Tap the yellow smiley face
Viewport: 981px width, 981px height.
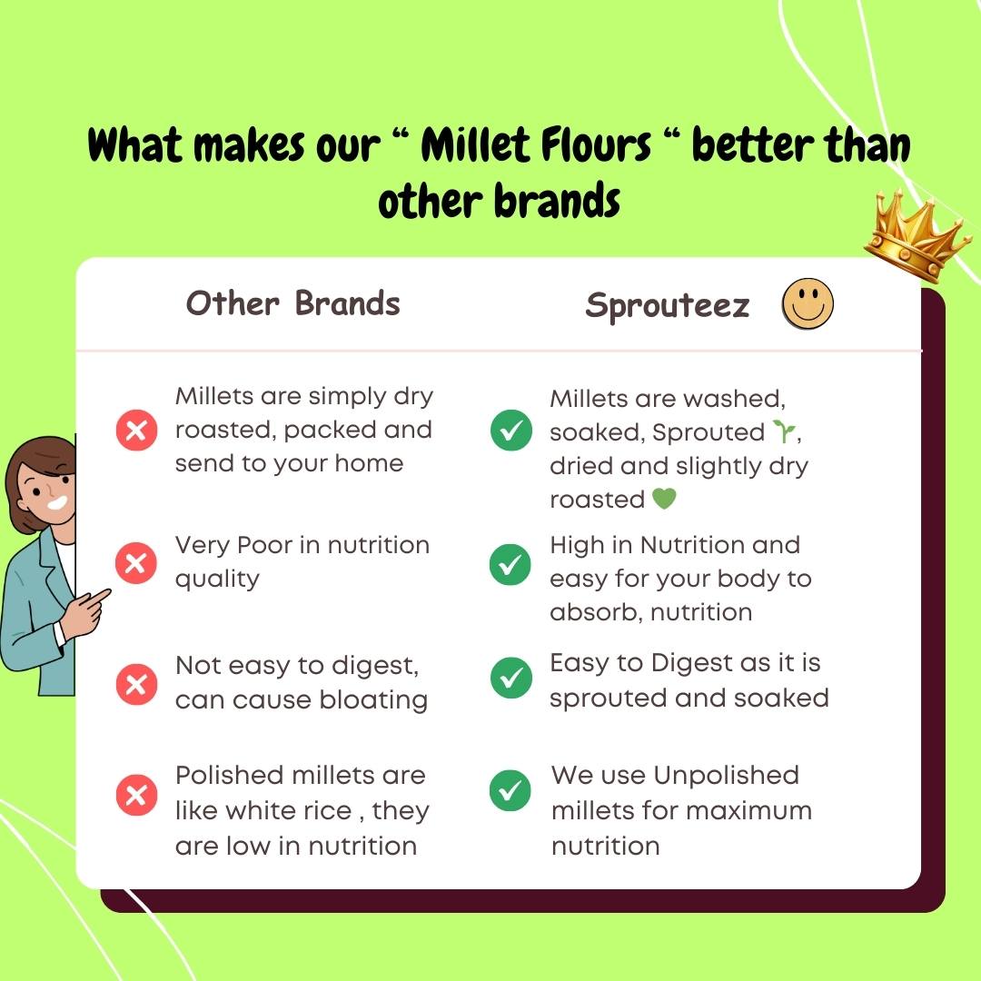click(x=808, y=304)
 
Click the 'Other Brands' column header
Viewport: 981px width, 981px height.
click(x=292, y=303)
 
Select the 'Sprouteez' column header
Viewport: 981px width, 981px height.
click(x=667, y=306)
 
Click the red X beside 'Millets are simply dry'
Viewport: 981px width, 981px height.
click(x=136, y=431)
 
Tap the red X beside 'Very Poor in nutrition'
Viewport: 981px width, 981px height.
click(x=135, y=563)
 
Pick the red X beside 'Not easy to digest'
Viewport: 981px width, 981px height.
click(x=136, y=684)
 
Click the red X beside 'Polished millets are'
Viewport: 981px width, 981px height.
click(x=136, y=795)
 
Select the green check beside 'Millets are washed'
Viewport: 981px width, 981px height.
click(x=511, y=431)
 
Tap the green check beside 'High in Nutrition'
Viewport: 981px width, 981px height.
click(x=510, y=564)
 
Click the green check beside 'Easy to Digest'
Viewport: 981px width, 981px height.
click(x=511, y=678)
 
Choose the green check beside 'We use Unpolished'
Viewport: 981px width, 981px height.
click(x=510, y=790)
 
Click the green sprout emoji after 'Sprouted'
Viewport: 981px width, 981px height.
click(x=784, y=431)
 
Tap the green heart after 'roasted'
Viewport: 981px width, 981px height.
click(x=664, y=499)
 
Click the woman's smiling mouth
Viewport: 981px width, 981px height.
click(x=58, y=502)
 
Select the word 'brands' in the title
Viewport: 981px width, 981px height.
click(x=557, y=200)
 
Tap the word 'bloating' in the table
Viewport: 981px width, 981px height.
click(x=373, y=700)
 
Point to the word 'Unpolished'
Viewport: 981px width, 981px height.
click(x=727, y=776)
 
